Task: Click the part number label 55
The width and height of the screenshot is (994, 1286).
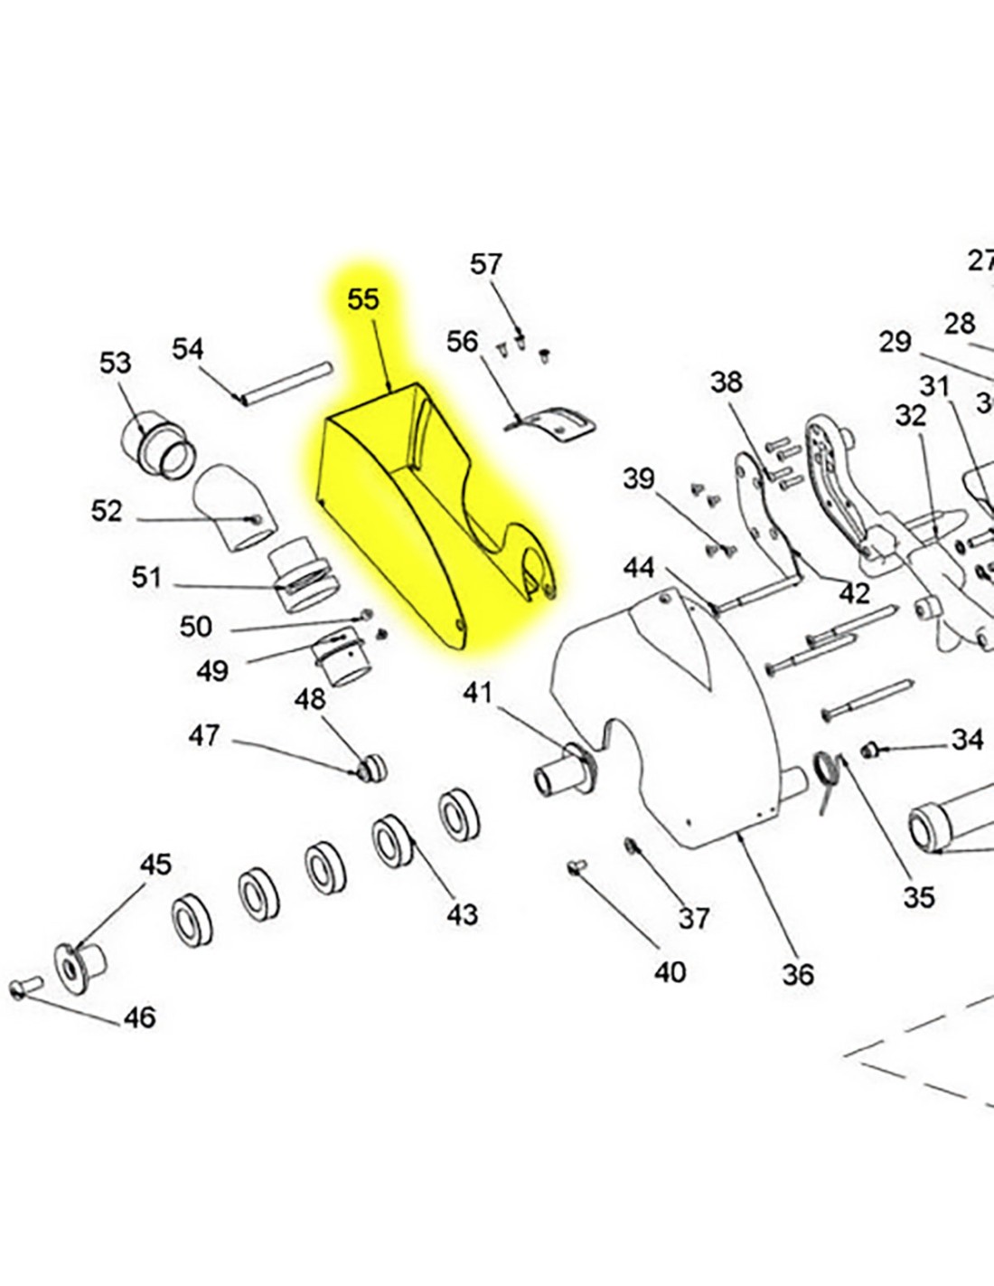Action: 363,299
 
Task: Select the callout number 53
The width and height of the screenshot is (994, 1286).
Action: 115,364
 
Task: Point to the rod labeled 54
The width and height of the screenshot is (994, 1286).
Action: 287,383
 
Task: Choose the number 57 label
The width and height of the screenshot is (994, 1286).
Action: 485,264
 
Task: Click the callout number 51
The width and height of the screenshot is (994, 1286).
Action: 146,577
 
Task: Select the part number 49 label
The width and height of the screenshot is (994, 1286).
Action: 212,671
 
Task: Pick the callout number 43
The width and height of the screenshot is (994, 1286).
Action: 462,915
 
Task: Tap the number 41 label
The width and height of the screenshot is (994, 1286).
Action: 478,693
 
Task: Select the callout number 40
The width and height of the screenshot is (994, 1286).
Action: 670,972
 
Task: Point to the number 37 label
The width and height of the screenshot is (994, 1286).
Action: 694,919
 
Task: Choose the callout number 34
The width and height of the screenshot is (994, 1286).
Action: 967,740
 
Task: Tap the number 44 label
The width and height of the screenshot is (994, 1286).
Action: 639,568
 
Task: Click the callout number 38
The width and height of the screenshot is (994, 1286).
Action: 726,383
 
